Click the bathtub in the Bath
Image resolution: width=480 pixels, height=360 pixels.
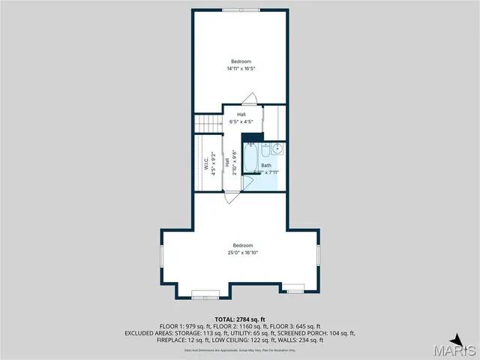pyautogui.click(x=250, y=159)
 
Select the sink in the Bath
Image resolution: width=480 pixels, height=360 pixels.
pyautogui.click(x=277, y=148)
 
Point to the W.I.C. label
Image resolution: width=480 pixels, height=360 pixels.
pyautogui.click(x=206, y=164)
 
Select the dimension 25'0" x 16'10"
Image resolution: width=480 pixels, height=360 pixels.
pyautogui.click(x=242, y=253)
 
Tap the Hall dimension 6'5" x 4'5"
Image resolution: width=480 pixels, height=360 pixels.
pyautogui.click(x=241, y=121)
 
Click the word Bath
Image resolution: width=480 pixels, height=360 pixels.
pyautogui.click(x=266, y=165)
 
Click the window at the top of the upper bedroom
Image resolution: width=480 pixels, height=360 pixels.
pyautogui.click(x=241, y=10)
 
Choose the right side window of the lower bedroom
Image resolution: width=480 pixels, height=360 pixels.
pyautogui.click(x=318, y=255)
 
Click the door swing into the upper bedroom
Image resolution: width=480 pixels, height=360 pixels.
pyautogui.click(x=253, y=98)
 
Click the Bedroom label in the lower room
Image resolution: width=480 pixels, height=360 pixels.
pyautogui.click(x=242, y=245)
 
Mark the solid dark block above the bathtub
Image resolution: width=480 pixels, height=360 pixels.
pyautogui.click(x=253, y=136)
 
